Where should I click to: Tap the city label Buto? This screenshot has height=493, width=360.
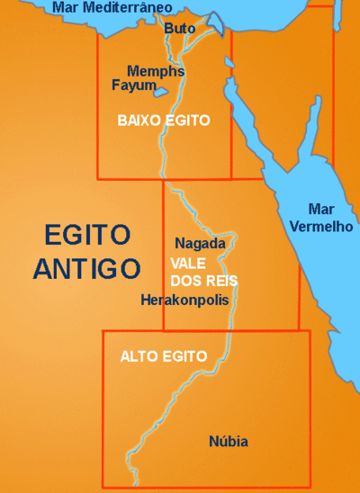point(179,29)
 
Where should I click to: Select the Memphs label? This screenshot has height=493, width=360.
point(156,71)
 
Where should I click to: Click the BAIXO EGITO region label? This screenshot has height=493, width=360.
point(164,120)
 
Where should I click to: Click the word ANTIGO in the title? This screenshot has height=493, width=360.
point(87,268)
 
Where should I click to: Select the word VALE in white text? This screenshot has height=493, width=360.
point(188,263)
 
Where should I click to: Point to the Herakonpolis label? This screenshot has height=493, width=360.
point(185,300)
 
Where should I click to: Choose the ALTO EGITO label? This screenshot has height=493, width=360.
point(157,356)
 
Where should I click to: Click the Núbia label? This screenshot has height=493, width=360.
point(228,442)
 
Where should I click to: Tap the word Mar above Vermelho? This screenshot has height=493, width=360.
point(321,207)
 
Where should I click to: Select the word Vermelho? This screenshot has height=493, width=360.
point(321,226)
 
